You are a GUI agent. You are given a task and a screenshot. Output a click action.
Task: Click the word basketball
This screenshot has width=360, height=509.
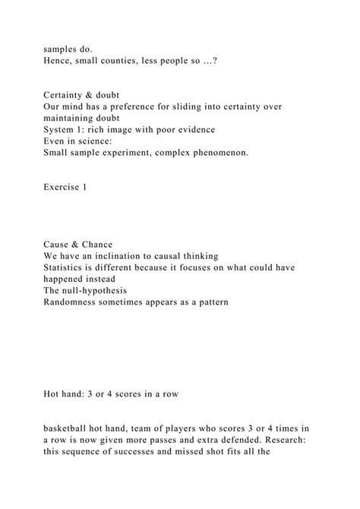(69, 429)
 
